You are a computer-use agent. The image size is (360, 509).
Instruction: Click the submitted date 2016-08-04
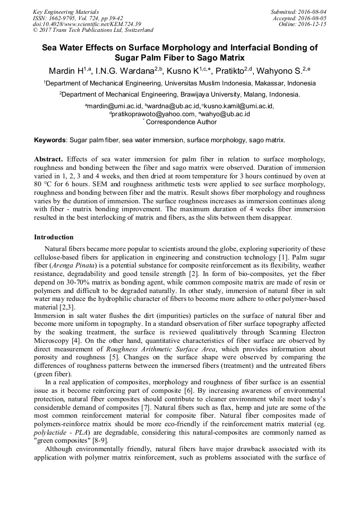[314, 12]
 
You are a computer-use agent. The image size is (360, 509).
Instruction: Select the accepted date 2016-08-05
[314, 18]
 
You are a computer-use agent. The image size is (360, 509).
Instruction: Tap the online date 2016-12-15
[314, 24]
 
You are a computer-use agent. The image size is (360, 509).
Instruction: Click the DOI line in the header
[87, 24]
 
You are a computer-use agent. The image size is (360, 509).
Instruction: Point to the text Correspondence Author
[181, 122]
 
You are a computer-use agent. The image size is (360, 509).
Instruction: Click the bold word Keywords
[50, 140]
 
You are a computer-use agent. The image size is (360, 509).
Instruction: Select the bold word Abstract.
[48, 159]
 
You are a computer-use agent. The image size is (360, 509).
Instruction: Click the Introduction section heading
[54, 237]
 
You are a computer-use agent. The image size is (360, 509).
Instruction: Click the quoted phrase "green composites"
[64, 441]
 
